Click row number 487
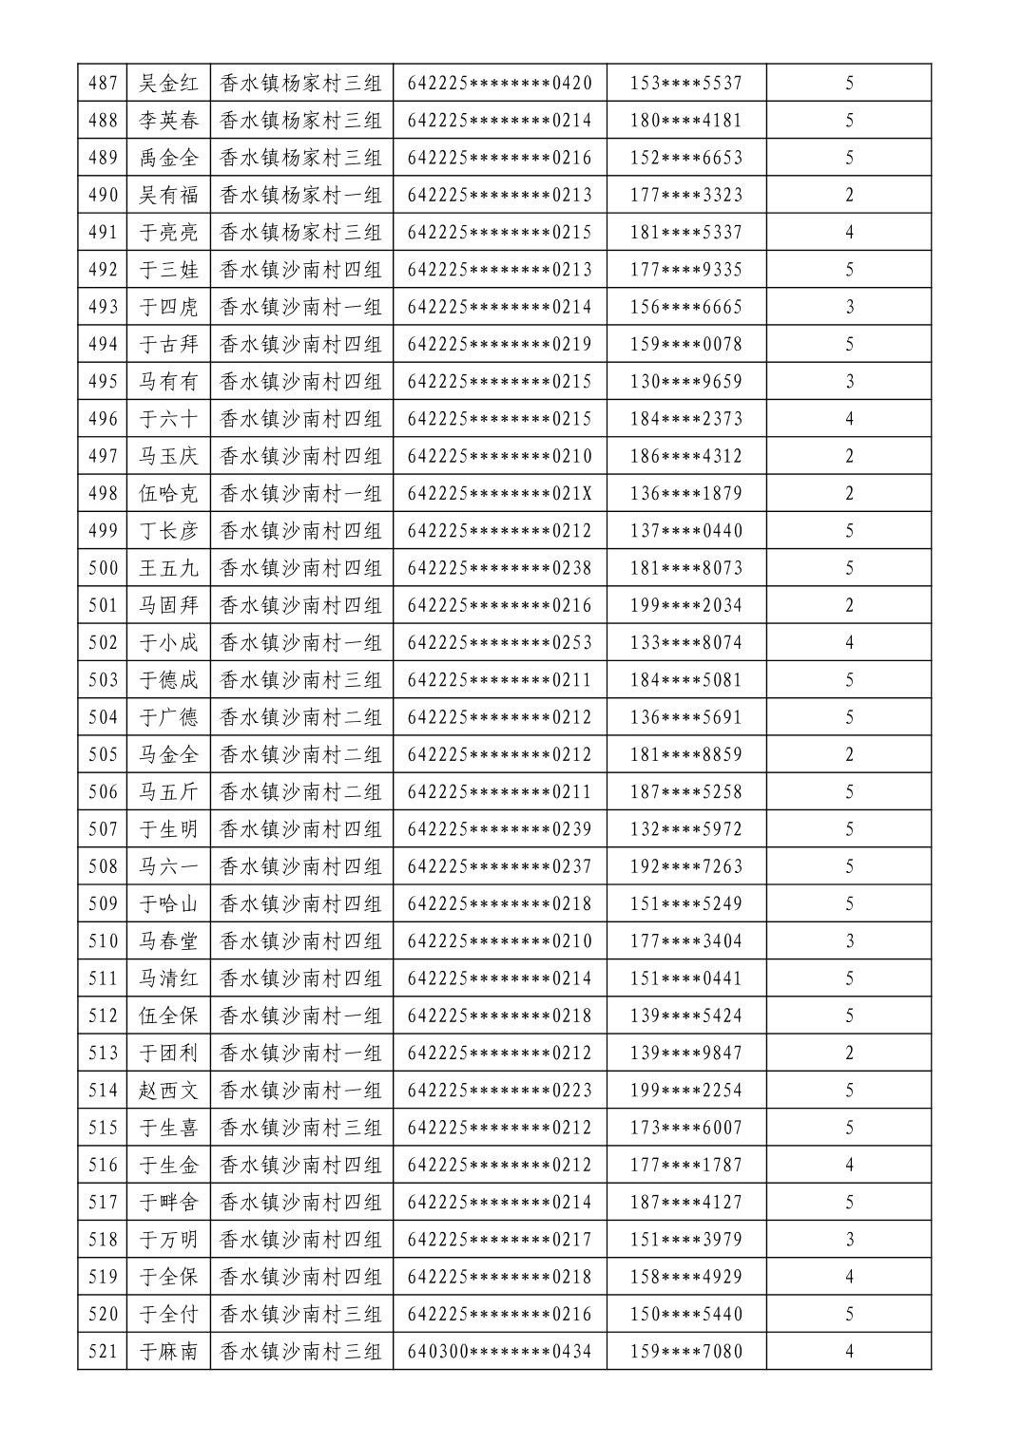103,83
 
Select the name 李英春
169,121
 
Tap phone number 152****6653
685,158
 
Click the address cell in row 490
300,195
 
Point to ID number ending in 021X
499,494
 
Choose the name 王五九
169,568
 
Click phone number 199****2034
685,605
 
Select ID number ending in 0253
499,643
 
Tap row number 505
103,755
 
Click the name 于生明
169,829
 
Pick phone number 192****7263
685,866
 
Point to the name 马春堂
169,941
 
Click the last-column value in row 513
849,1054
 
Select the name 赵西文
169,1091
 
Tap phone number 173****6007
685,1128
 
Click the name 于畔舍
169,1203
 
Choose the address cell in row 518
300,1240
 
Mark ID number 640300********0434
499,1352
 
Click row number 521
103,1352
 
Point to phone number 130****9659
685,382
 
